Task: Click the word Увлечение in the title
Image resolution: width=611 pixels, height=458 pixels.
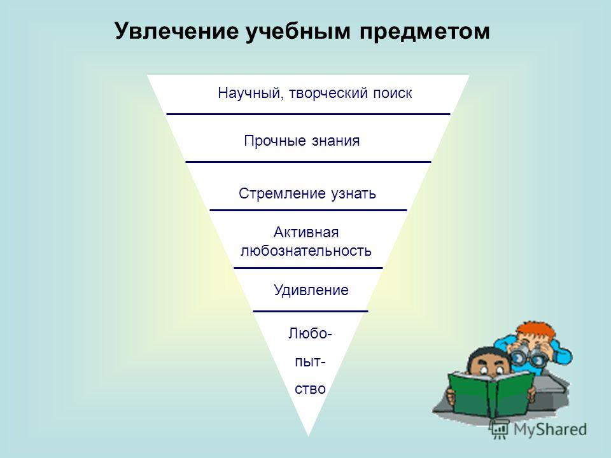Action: (176, 31)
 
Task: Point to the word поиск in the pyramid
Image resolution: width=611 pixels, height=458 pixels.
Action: (393, 94)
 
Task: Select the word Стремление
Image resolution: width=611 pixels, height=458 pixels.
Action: (282, 193)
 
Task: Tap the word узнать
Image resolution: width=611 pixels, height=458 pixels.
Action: (353, 194)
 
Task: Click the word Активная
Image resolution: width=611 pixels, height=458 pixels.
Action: (306, 233)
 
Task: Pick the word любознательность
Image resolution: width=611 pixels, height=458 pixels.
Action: (306, 251)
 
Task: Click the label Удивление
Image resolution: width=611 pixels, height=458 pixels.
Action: (311, 290)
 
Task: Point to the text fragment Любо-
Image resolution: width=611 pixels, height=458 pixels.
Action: (310, 334)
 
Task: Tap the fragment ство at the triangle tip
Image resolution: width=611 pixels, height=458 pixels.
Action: (310, 389)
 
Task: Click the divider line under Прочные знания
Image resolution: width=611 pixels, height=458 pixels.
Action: (308, 162)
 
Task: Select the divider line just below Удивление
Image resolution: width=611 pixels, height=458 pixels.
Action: (311, 311)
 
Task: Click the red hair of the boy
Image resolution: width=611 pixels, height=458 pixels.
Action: (536, 331)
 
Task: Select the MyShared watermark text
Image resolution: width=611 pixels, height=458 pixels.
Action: (549, 429)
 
